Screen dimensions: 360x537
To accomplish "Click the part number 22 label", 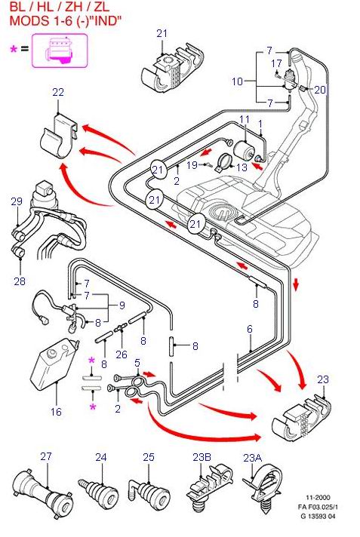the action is click(58, 92).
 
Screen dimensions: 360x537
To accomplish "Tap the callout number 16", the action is click(56, 411).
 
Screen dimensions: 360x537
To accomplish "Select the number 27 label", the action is click(46, 456).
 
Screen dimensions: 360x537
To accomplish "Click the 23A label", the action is click(253, 457).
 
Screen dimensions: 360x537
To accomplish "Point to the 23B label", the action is click(202, 457).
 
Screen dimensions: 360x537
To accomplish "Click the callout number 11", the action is click(245, 119).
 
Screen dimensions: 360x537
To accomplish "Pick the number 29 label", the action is click(17, 201).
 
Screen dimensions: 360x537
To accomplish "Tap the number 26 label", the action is click(122, 354).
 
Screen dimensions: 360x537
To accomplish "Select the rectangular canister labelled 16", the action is click(54, 364).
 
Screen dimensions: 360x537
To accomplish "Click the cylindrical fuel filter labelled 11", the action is click(244, 149).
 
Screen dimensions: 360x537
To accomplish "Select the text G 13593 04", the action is click(318, 516).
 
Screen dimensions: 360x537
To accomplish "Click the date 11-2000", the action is click(318, 498).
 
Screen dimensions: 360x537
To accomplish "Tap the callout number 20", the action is click(319, 90).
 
